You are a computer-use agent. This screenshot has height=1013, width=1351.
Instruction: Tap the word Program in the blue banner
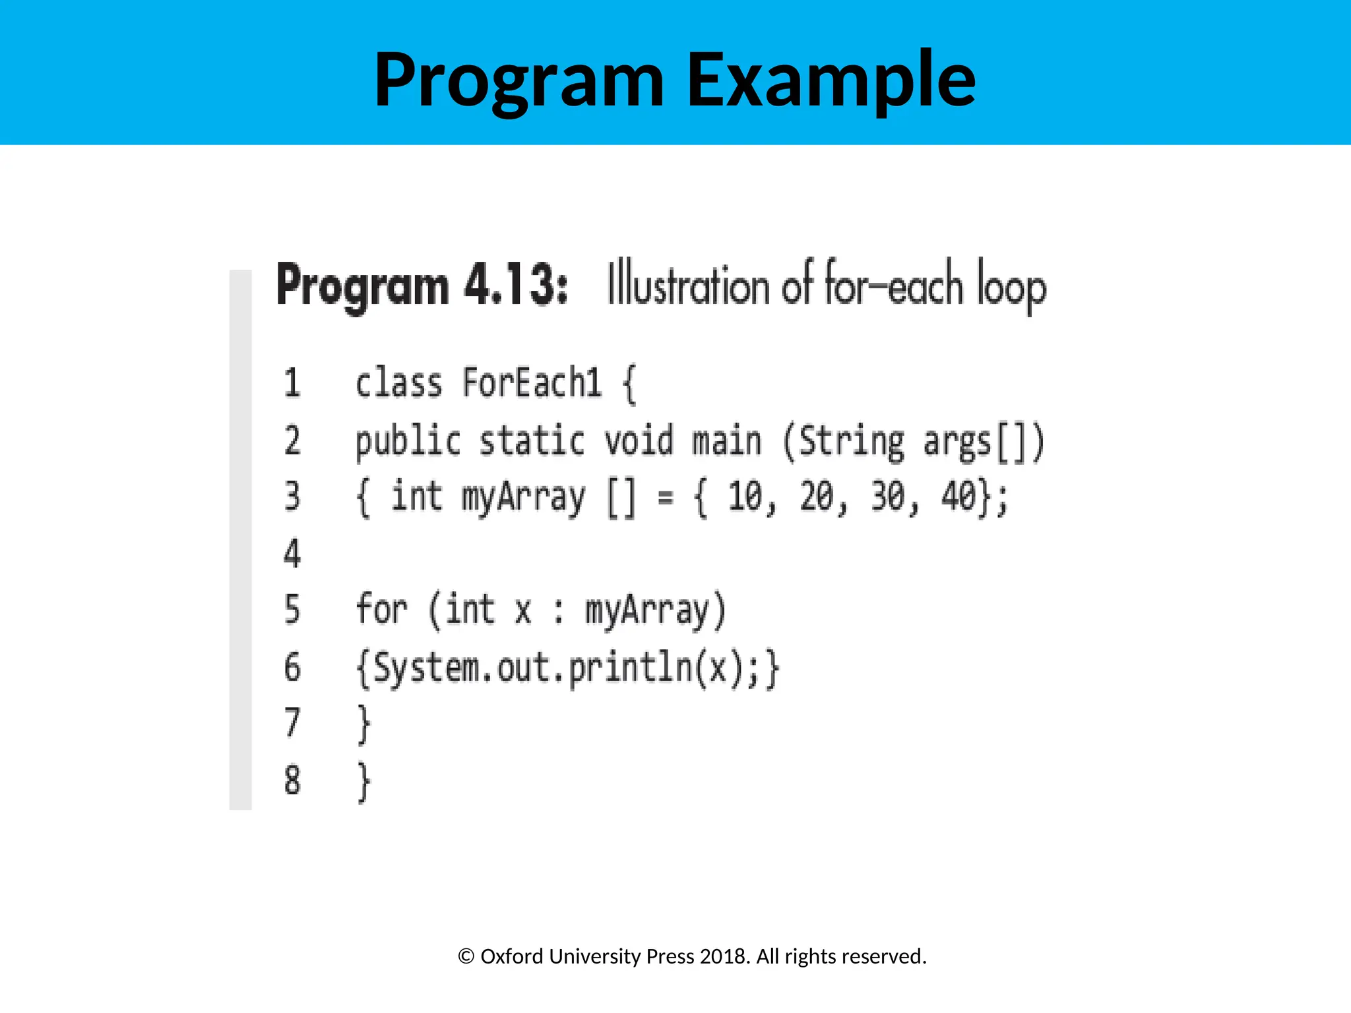519,80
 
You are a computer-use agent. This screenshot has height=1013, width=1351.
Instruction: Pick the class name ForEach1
532,383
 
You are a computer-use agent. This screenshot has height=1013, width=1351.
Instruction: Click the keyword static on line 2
532,441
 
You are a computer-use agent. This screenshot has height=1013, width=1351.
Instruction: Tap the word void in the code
639,441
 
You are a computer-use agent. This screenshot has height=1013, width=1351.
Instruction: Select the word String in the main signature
851,441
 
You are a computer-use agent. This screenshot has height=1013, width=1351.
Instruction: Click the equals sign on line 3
666,498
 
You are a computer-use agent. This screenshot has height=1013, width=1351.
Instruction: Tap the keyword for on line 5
381,609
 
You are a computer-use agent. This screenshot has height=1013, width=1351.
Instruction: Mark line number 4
292,553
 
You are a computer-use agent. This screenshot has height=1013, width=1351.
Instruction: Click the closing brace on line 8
363,782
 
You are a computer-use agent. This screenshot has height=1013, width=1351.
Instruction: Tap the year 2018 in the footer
724,956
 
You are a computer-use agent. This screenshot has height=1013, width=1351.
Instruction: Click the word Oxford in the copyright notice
511,956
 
